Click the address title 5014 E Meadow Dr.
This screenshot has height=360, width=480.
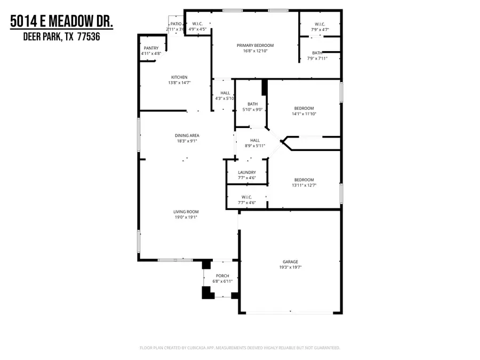[62, 23]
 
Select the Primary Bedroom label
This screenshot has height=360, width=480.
[255, 45]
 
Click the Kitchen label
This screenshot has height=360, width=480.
[179, 77]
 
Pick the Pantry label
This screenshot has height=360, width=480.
[151, 48]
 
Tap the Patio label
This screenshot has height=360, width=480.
[175, 24]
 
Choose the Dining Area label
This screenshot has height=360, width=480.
[187, 135]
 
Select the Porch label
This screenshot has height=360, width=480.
[222, 275]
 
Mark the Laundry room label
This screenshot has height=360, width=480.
[246, 172]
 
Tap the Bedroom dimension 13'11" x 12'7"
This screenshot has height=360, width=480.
[303, 186]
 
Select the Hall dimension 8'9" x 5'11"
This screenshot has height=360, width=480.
[254, 146]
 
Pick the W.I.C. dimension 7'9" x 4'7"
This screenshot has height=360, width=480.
[320, 30]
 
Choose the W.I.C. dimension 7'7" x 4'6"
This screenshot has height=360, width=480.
[246, 203]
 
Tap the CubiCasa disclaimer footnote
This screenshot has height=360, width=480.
[240, 348]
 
